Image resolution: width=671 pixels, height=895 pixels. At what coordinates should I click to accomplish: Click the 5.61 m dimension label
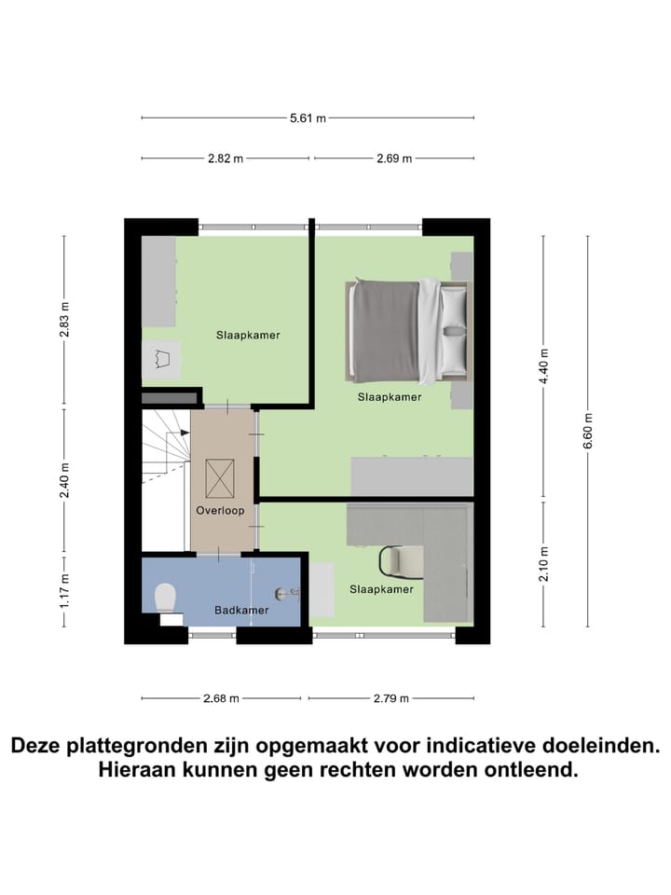pos(308,118)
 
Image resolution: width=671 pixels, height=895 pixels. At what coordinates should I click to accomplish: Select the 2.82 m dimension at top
pos(226,158)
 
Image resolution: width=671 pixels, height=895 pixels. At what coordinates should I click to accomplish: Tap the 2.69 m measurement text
pos(393,158)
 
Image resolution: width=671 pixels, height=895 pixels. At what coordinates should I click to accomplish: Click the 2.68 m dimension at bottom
pos(222,697)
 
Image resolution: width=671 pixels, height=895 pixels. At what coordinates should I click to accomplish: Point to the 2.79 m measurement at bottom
pos(391,697)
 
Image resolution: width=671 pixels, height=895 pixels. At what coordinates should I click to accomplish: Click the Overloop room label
pos(220,511)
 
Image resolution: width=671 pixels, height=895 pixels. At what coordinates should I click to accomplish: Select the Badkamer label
pos(240,611)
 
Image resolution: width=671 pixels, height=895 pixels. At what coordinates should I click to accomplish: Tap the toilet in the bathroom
pos(166,597)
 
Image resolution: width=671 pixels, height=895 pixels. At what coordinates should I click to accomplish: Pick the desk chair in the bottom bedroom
pos(402,561)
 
